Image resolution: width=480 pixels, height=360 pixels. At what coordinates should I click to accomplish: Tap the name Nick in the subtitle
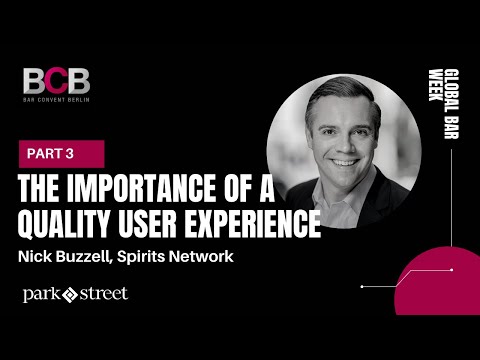point(37,257)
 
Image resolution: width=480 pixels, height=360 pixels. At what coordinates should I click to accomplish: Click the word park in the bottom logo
point(42,295)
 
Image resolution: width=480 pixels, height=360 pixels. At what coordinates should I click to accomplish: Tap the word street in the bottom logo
point(103,294)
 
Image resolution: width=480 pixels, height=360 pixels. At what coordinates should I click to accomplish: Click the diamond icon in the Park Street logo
point(70,295)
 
